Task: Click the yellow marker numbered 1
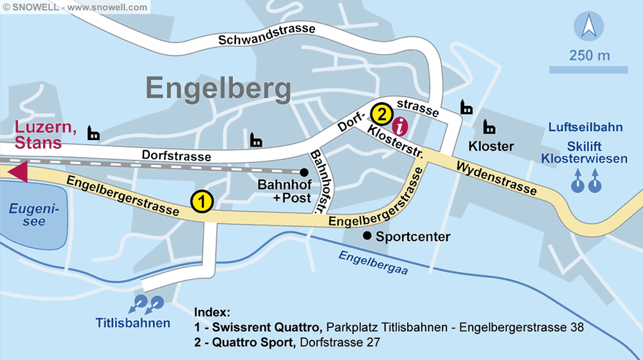[x=201, y=202]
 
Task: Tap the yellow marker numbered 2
[x=381, y=114]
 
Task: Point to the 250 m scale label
[x=589, y=55]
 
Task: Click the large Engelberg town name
[x=218, y=87]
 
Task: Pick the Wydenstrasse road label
[x=496, y=177]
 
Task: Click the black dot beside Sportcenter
[x=367, y=236]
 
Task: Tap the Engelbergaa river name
[x=373, y=262]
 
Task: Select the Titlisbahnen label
[x=133, y=323]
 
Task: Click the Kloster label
[x=491, y=147]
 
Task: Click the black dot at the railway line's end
[x=304, y=172]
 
